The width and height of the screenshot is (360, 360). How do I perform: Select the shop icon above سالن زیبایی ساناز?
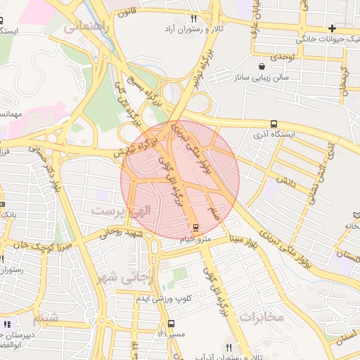click(x=262, y=65)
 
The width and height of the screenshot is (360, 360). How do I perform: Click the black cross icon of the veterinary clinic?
click(x=332, y=29)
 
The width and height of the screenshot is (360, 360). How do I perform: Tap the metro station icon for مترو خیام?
click(x=195, y=229)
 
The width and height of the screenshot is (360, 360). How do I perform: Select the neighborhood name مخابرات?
click(x=260, y=316)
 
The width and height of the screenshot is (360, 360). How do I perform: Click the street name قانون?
click(x=124, y=12)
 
